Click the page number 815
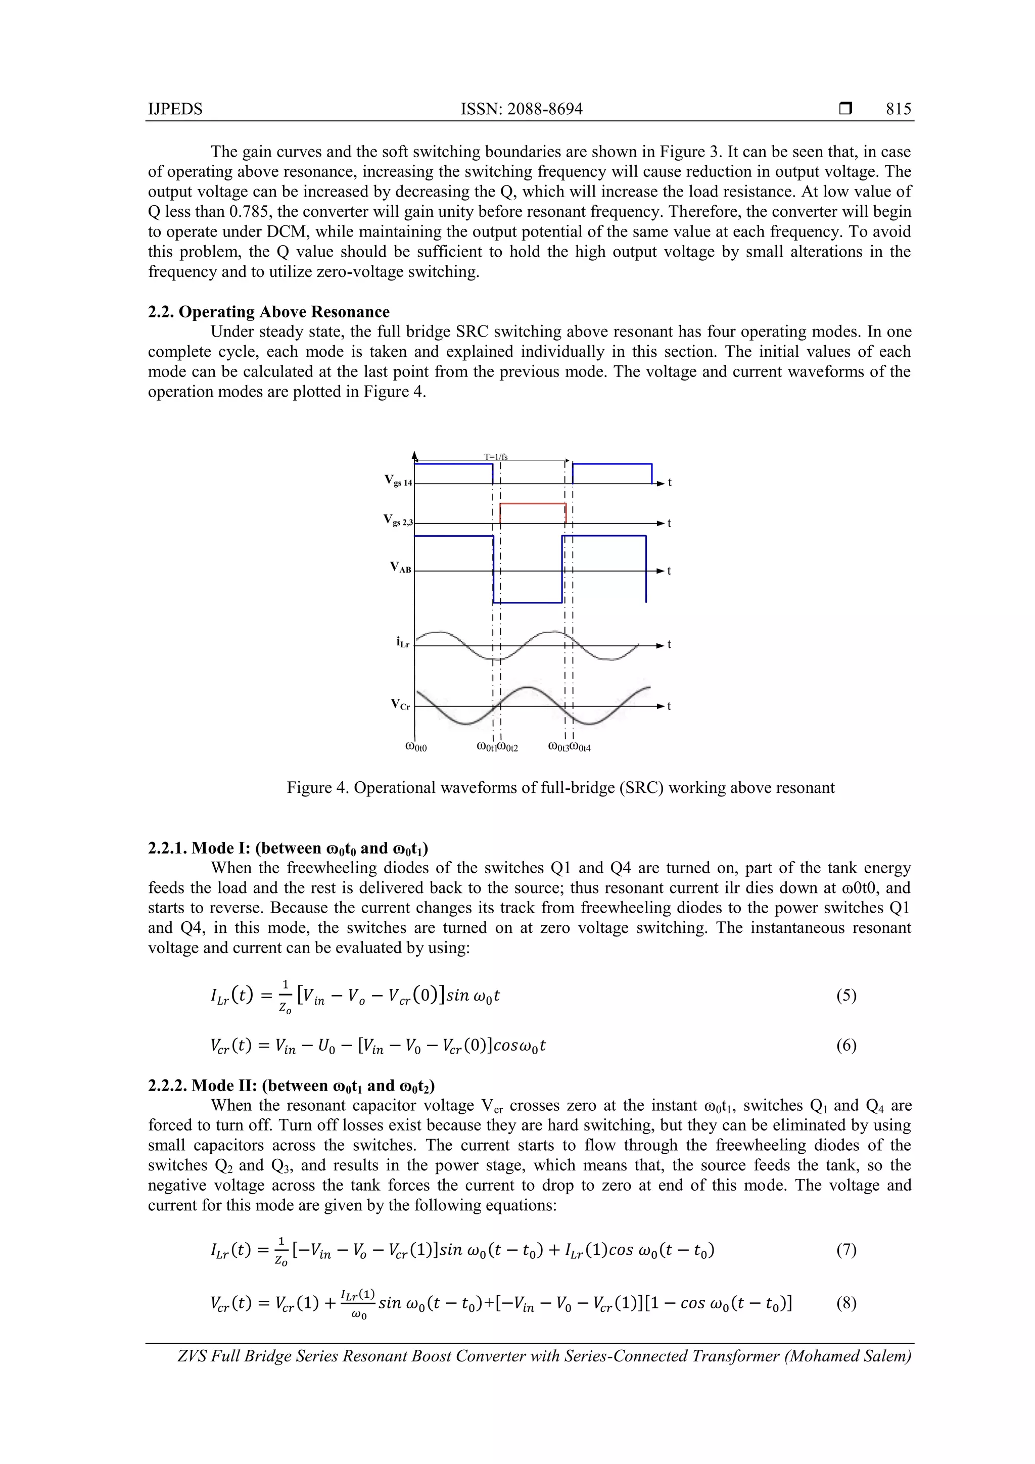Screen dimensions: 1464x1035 898,109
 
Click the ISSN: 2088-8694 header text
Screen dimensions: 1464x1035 521,109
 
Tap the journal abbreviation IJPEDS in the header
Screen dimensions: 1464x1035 175,109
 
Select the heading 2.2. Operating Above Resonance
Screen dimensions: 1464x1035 268,312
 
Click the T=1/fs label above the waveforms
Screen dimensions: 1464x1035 495,456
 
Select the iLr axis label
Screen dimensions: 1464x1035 403,642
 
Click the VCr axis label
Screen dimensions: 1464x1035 400,704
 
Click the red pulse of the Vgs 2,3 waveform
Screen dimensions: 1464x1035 533,504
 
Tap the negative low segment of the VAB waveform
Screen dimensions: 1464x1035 528,602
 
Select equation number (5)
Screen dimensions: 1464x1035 846,996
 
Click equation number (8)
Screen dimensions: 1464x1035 846,1303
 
